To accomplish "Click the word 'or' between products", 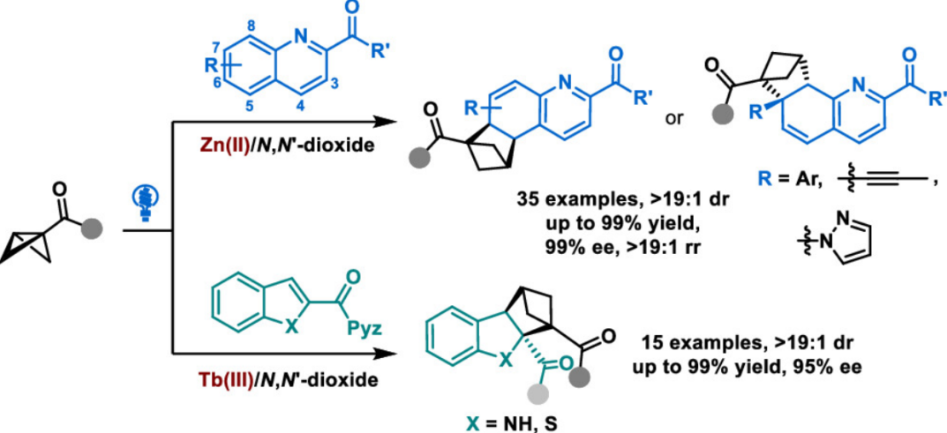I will pos(674,117).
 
